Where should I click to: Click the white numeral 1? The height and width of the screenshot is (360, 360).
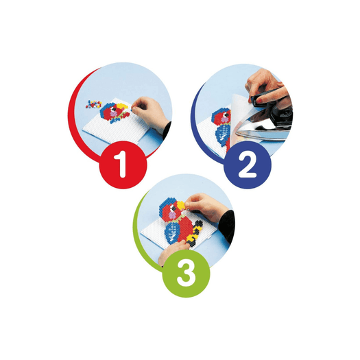click(x=121, y=164)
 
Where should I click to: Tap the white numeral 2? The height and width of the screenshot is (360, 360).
click(x=248, y=165)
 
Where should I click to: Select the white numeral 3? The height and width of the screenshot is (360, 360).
click(x=187, y=274)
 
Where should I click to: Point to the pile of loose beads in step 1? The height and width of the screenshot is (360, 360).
click(x=94, y=104)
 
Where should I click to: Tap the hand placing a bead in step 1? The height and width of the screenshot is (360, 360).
click(x=149, y=112)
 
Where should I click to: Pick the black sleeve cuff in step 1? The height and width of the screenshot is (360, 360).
click(x=167, y=130)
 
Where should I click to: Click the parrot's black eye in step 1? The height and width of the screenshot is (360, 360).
click(x=115, y=109)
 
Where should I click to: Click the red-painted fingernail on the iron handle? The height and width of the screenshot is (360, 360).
click(x=259, y=100)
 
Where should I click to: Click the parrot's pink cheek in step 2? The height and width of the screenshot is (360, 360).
click(x=225, y=119)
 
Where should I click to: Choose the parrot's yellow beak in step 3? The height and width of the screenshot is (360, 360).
click(x=181, y=205)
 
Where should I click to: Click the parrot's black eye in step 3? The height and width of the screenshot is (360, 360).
click(x=173, y=208)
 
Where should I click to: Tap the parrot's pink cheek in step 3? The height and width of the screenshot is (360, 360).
click(x=172, y=215)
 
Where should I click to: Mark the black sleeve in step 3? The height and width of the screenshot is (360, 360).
click(x=226, y=226)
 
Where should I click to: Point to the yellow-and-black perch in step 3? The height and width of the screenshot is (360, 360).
click(x=194, y=232)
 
